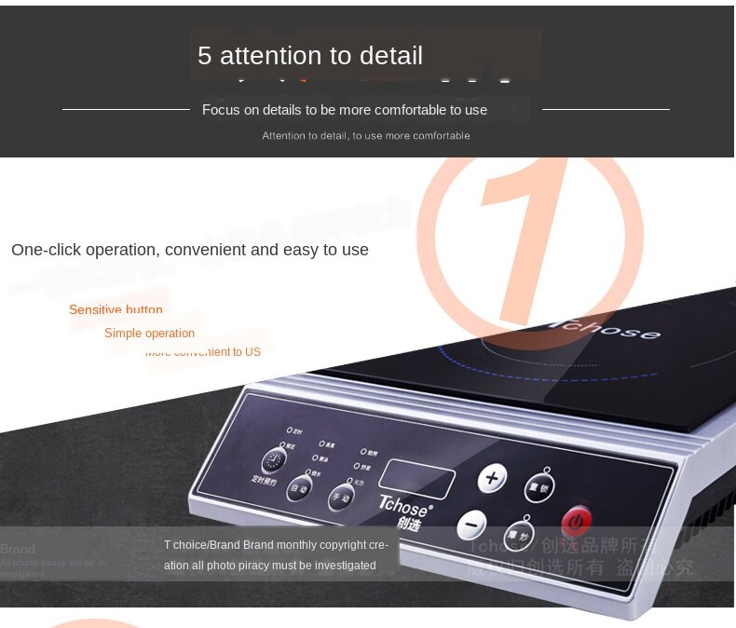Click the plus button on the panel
(492, 479)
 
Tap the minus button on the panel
(471, 526)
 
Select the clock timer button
(274, 461)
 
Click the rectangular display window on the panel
(417, 479)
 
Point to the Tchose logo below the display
(404, 510)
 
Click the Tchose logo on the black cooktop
(610, 329)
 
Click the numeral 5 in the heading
(205, 56)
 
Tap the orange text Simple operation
(149, 334)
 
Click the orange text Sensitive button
(116, 309)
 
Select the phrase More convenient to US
(203, 352)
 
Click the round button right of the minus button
(518, 535)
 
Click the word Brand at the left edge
(18, 550)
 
